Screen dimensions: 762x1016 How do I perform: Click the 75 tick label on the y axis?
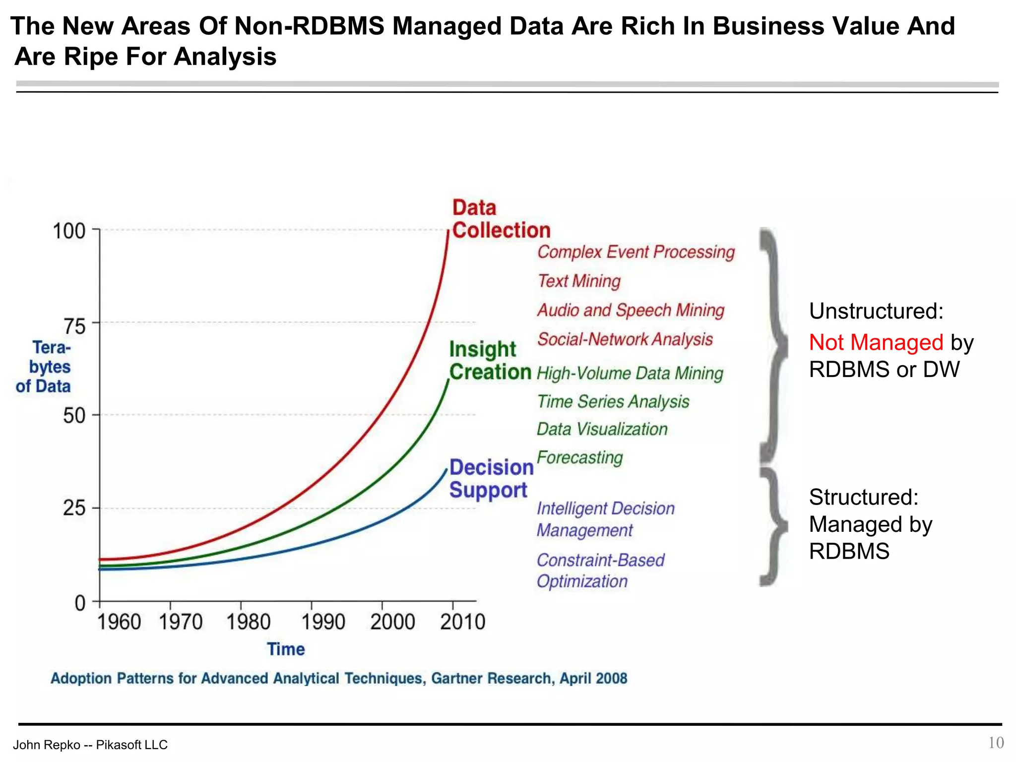point(74,326)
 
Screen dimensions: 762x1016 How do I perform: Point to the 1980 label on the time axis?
point(248,622)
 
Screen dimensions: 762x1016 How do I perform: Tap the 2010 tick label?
point(462,622)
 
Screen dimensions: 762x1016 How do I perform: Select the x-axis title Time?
point(286,649)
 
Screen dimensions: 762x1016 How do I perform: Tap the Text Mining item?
point(579,281)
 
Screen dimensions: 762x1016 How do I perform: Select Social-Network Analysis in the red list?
point(625,339)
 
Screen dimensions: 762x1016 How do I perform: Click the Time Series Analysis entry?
point(613,401)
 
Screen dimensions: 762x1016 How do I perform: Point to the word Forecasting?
point(579,457)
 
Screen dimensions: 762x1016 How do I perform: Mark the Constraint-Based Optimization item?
point(600,571)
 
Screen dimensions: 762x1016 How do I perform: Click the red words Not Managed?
point(876,342)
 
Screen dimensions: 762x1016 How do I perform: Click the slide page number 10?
point(996,743)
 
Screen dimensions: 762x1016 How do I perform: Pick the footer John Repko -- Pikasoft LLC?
point(90,745)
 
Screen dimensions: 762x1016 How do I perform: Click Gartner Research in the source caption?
point(491,678)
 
